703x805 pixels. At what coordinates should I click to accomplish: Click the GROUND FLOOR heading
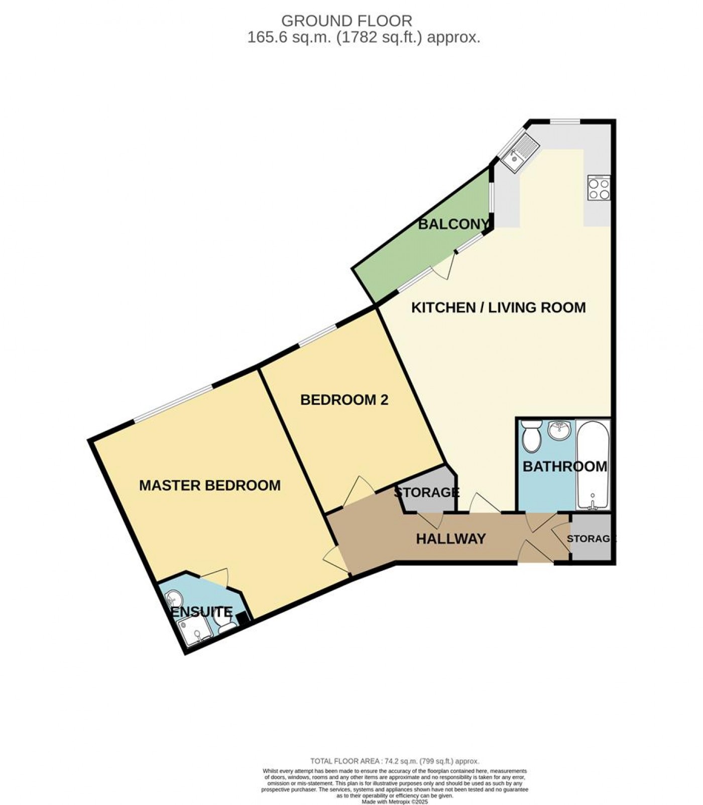pyautogui.click(x=346, y=21)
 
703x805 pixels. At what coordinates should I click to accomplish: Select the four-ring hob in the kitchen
pyautogui.click(x=599, y=188)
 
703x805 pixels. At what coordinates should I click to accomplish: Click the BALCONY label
pyautogui.click(x=453, y=224)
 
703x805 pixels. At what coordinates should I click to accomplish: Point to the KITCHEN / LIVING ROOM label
pyautogui.click(x=498, y=307)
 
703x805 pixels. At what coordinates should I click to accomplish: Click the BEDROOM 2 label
pyautogui.click(x=344, y=400)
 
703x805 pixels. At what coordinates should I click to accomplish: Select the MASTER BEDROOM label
pyautogui.click(x=209, y=485)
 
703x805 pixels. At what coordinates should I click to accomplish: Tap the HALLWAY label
pyautogui.click(x=450, y=539)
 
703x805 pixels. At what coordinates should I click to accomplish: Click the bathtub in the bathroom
pyautogui.click(x=594, y=465)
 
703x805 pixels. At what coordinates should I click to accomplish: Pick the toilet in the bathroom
pyautogui.click(x=530, y=436)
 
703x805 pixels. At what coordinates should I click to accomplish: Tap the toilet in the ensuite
pyautogui.click(x=225, y=624)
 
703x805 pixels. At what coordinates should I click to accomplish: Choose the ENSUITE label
pyautogui.click(x=202, y=612)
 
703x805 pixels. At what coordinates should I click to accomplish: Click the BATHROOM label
pyautogui.click(x=564, y=467)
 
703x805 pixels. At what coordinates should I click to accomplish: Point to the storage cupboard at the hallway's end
pyautogui.click(x=592, y=539)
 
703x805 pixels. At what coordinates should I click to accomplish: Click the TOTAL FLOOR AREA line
pyautogui.click(x=395, y=761)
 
